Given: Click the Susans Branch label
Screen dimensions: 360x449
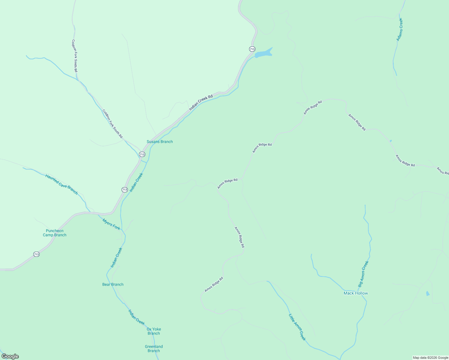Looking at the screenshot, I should click(160, 142).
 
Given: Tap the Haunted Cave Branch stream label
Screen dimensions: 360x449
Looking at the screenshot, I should click(62, 184).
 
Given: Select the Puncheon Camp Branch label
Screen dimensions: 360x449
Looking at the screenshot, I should click(55, 233).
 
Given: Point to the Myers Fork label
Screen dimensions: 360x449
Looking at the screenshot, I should click(111, 224).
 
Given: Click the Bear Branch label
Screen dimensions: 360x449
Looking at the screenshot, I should click(113, 284).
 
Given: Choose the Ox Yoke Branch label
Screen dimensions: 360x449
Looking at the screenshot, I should click(154, 331).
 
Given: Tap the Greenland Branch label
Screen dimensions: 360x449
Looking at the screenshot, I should click(154, 349).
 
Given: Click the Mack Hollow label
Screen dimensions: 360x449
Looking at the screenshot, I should click(356, 293).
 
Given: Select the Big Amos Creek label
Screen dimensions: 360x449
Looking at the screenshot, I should click(363, 274).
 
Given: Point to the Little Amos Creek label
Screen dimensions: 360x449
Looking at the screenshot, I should click(297, 327).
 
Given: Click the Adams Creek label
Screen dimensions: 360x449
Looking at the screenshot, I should click(399, 29).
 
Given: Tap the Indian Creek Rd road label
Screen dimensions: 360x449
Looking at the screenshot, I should click(201, 103).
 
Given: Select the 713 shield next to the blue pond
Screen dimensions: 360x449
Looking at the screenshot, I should click(252, 49).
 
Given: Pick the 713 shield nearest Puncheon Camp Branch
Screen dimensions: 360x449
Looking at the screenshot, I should click(36, 254).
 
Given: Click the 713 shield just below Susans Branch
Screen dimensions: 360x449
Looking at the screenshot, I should click(142, 154).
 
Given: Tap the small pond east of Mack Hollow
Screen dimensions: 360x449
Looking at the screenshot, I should click(428, 293).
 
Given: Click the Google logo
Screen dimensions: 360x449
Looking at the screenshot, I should click(10, 356).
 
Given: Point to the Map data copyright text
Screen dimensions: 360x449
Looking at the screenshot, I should click(430, 358).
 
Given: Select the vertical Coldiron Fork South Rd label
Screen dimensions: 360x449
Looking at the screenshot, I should click(75, 56).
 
